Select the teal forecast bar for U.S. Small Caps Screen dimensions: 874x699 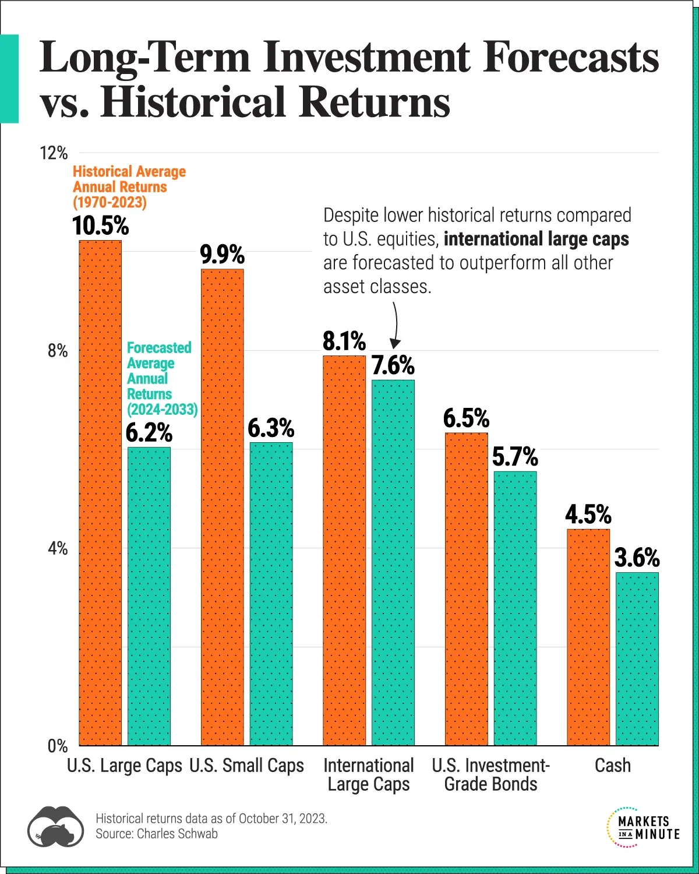(x=271, y=594)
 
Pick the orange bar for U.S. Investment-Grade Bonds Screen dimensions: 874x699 (x=467, y=588)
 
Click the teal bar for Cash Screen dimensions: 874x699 (x=637, y=658)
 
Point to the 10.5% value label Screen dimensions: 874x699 (x=100, y=226)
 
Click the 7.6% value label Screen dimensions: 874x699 (x=393, y=366)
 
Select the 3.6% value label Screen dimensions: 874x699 (x=637, y=558)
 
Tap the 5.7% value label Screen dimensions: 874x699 (x=515, y=457)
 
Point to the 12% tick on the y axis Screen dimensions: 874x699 (x=54, y=153)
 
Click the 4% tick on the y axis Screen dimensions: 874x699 (x=58, y=548)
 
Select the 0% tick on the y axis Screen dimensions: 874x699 (x=58, y=746)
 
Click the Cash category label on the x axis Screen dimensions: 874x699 (x=612, y=766)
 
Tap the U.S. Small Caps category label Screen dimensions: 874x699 (x=246, y=766)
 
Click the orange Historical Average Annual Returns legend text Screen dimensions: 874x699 (x=129, y=187)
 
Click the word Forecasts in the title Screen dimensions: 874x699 (x=571, y=58)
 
